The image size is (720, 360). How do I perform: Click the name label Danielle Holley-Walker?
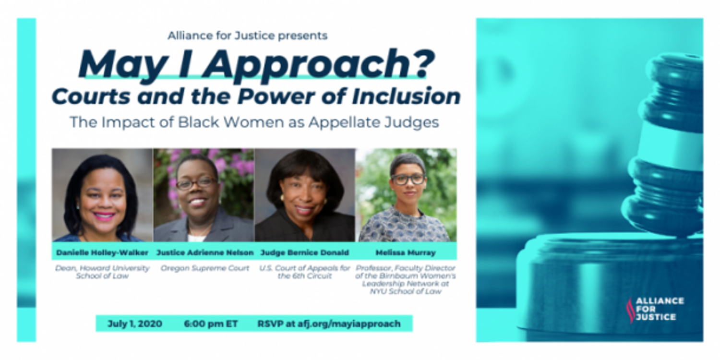102,252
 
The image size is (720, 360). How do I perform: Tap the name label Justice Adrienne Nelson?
205,252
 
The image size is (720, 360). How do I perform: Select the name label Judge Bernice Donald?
305,252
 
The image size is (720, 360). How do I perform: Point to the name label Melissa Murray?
406,252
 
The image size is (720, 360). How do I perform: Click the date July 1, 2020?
135,324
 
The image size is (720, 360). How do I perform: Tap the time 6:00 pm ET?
211,324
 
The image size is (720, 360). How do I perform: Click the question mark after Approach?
423,63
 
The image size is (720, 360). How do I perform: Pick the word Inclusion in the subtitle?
406,96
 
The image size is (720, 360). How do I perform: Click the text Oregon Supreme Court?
205,268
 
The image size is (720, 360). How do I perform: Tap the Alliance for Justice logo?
655,309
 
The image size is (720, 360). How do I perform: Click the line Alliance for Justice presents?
248,36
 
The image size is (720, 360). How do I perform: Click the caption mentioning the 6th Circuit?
305,272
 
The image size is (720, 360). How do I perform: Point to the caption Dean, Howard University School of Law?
102,272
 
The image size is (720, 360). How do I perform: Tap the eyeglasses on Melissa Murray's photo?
408,179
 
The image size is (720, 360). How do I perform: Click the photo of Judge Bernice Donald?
305,195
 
